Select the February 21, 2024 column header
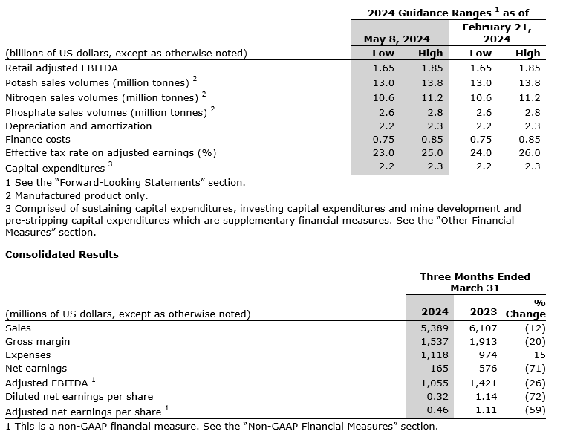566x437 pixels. point(496,33)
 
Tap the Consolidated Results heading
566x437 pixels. point(62,254)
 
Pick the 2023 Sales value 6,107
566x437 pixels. point(483,328)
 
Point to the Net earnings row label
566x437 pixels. point(36,368)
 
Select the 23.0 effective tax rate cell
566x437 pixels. point(383,153)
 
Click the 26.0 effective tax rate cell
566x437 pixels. point(528,153)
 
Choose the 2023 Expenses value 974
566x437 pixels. point(487,355)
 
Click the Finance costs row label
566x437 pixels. point(38,139)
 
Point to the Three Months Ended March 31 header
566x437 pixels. point(475,282)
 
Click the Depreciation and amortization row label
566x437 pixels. point(78,126)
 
